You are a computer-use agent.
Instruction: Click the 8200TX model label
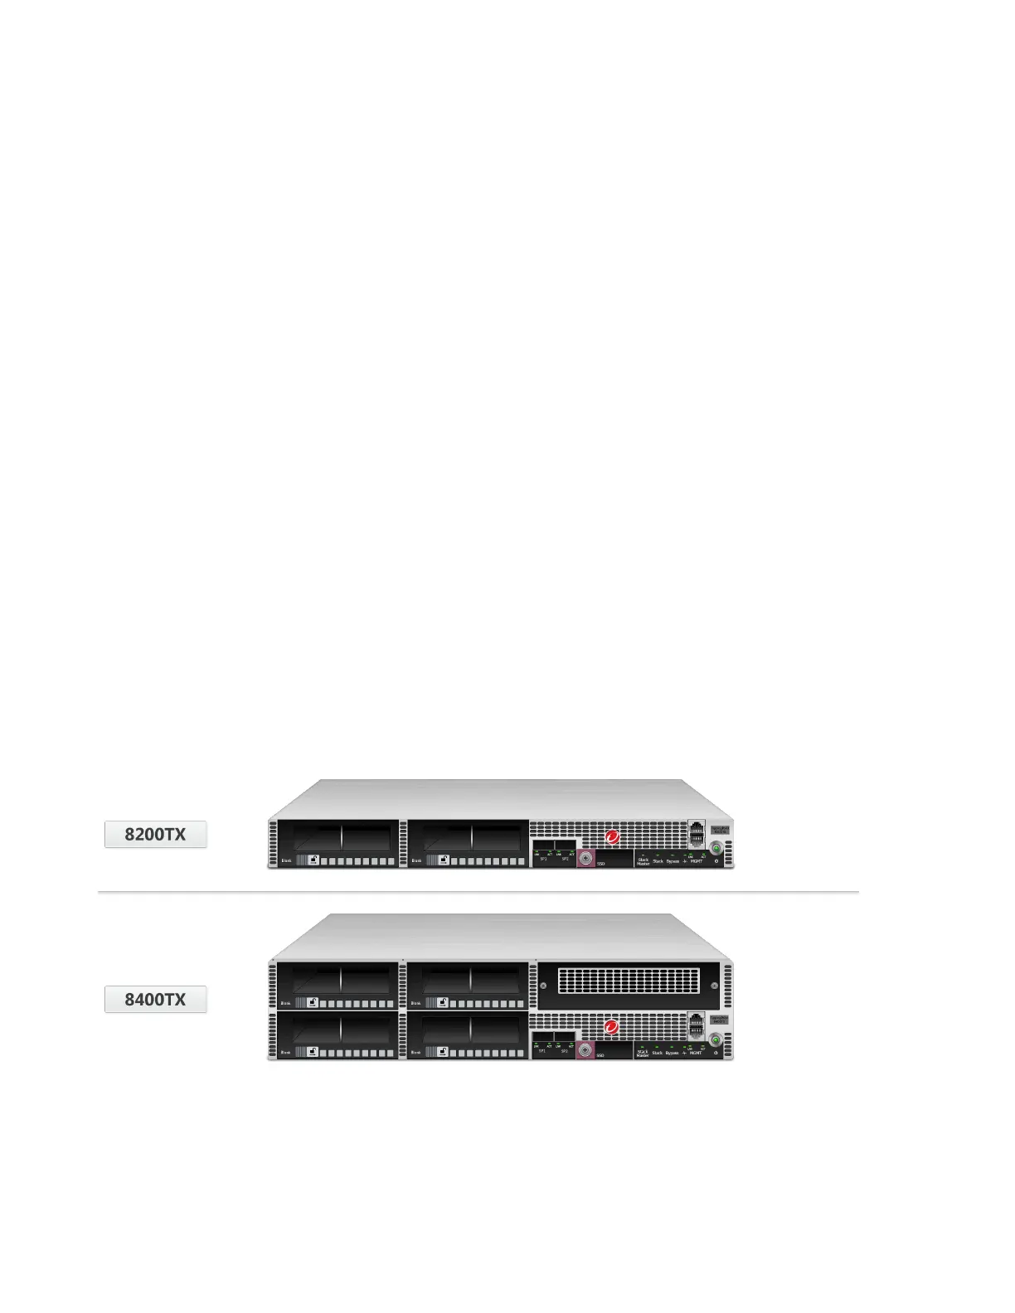coord(155,834)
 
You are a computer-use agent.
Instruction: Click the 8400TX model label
coord(155,999)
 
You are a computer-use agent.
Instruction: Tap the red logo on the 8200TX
coord(613,837)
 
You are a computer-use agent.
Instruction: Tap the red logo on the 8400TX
coord(612,1028)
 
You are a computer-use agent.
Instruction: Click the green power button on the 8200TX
coord(716,848)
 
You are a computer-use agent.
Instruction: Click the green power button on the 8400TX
coord(716,1039)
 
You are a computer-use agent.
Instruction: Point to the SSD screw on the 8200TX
coord(586,860)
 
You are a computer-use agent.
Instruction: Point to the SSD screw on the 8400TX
coord(585,1050)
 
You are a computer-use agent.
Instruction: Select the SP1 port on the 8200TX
coord(543,849)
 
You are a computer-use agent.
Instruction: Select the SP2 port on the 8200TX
coord(565,849)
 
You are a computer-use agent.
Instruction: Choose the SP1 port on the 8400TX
coord(542,1041)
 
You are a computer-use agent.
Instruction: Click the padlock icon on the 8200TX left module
coord(313,860)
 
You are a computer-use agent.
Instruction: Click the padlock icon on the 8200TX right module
coord(444,860)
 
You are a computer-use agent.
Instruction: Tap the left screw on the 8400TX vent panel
coord(544,986)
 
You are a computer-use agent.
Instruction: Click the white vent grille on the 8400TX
coord(629,981)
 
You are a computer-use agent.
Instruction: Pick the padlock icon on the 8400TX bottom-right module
coord(444,1052)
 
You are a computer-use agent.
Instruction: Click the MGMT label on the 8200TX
coord(697,861)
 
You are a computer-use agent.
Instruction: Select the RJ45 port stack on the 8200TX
coord(697,832)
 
